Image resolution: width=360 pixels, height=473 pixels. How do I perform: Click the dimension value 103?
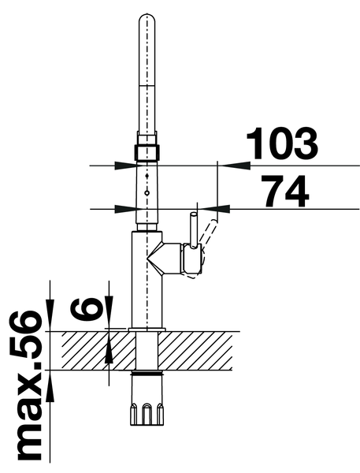pos(282,143)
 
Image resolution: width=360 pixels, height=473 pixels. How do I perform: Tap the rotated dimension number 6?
pos(87,309)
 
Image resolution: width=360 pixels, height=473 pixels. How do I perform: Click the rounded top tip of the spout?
pos(147,15)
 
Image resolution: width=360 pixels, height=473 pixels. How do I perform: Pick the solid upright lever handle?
pos(193,229)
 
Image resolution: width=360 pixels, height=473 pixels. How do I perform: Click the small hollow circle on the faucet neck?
pos(147,193)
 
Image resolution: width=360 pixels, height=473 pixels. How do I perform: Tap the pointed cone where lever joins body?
pos(154,259)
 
